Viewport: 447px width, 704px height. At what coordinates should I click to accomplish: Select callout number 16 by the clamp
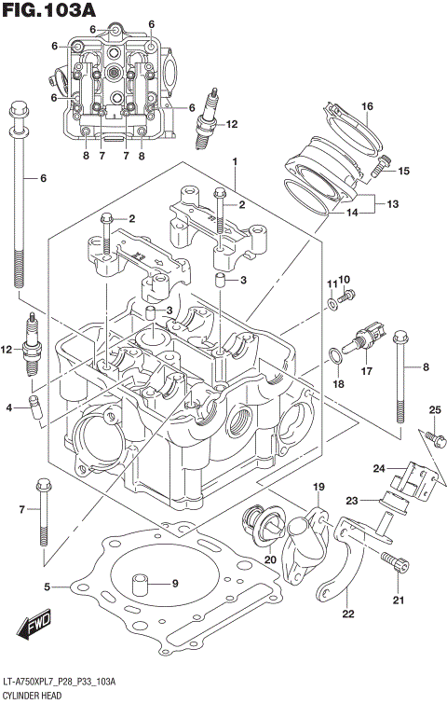(367, 105)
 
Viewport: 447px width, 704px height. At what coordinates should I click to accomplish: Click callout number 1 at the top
(236, 162)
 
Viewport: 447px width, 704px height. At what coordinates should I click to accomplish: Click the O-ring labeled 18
(333, 355)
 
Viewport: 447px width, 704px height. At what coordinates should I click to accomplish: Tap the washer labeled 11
(332, 304)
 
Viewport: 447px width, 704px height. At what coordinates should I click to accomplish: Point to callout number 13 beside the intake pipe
(392, 203)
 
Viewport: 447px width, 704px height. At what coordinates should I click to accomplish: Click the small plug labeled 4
(34, 407)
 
